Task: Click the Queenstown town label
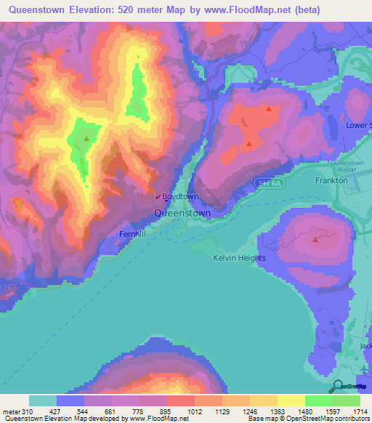pyautogui.click(x=182, y=214)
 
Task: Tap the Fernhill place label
pyautogui.click(x=133, y=235)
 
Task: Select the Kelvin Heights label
pyautogui.click(x=240, y=258)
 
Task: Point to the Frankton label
pyautogui.click(x=331, y=180)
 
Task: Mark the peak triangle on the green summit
pyautogui.click(x=86, y=138)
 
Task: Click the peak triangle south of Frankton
pyautogui.click(x=315, y=238)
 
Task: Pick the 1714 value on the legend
pyautogui.click(x=360, y=411)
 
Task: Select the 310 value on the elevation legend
pyautogui.click(x=29, y=411)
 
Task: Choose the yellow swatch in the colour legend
pyautogui.click(x=291, y=400)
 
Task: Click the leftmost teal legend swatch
pyautogui.click(x=43, y=400)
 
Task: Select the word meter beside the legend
pyautogui.click(x=10, y=411)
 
